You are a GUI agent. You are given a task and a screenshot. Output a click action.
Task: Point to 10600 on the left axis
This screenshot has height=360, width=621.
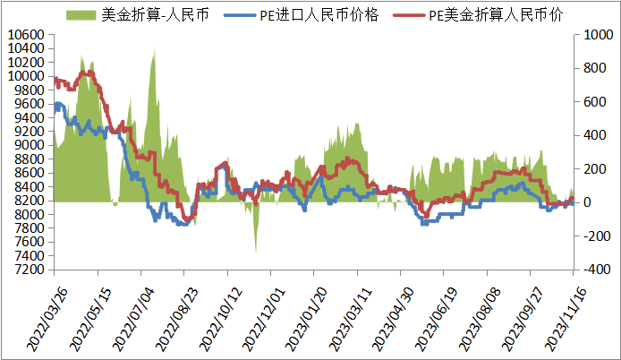pos(25,35)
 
